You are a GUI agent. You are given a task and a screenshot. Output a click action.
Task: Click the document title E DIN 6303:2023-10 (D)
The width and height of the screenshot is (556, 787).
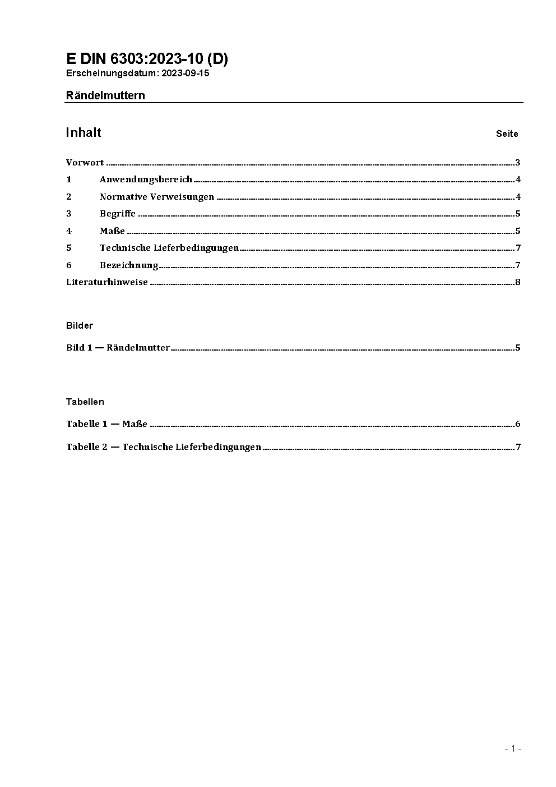click(147, 59)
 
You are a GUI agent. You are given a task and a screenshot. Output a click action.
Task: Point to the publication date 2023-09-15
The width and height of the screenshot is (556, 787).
click(186, 73)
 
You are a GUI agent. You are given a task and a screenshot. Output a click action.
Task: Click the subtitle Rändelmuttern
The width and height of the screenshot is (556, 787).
click(105, 95)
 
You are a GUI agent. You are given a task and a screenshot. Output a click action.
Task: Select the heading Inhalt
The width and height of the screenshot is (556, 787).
click(84, 132)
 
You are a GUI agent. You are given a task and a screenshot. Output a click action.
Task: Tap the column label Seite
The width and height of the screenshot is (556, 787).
click(507, 134)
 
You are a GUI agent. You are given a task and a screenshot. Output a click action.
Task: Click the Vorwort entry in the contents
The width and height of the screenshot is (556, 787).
click(85, 163)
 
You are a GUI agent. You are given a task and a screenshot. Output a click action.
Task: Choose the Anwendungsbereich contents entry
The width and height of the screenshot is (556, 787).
click(146, 180)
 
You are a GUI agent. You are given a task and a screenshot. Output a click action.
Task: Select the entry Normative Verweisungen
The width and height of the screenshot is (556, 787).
click(157, 196)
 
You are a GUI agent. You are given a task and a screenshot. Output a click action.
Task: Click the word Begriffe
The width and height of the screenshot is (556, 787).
click(118, 213)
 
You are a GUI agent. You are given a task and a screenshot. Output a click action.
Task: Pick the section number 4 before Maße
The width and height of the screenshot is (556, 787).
click(69, 231)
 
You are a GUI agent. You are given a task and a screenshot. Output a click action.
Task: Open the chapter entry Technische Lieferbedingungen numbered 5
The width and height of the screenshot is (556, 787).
click(169, 247)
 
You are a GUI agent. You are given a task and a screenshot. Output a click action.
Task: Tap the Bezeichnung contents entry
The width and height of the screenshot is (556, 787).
click(129, 265)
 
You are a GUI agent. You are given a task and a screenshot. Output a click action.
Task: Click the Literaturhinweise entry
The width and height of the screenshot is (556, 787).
click(107, 282)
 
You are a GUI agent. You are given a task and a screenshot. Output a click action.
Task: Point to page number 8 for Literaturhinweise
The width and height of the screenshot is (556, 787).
click(518, 282)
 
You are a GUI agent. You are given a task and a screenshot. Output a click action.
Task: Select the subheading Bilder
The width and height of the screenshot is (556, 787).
click(80, 325)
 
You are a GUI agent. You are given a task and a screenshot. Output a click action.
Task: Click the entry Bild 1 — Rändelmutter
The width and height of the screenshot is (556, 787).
click(118, 347)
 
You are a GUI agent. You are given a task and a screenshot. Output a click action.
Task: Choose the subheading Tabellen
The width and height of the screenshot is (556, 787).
click(85, 402)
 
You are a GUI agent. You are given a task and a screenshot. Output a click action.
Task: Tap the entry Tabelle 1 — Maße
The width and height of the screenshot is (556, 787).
click(106, 424)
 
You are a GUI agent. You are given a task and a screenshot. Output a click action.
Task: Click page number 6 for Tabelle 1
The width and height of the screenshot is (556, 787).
click(518, 424)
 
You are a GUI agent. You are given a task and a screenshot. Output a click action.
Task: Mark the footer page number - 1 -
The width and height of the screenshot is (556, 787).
click(513, 748)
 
